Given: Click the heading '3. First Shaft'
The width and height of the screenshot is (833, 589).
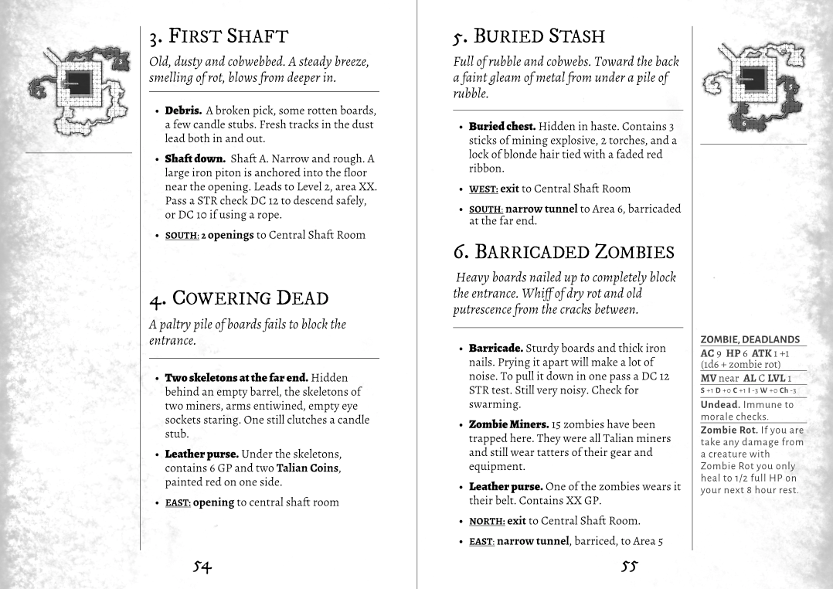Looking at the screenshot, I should (219, 36).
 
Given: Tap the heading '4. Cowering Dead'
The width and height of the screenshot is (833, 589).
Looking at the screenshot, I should (239, 298).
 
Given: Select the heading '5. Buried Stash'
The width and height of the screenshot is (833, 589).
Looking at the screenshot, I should (529, 36).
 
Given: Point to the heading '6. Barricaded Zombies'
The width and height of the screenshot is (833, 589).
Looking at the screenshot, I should (563, 252).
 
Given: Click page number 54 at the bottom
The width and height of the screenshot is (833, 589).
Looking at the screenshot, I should (202, 567).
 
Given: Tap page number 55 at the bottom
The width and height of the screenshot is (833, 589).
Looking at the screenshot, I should (629, 567).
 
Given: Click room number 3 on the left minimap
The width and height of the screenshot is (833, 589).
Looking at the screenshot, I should (120, 62).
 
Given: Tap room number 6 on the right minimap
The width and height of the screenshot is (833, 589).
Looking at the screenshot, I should (743, 124).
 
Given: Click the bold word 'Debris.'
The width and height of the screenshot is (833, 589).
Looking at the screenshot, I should (183, 111).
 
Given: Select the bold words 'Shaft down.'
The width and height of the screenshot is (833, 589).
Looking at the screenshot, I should (195, 158).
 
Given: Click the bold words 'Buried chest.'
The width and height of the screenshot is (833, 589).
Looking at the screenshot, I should (501, 126).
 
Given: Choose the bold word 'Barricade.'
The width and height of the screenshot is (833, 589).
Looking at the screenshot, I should (495, 349).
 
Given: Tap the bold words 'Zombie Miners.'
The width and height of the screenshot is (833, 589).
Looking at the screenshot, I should (508, 424).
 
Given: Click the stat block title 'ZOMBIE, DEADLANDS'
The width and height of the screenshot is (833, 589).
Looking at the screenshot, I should (750, 339).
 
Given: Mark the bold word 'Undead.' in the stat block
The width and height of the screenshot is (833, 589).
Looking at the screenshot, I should (720, 404).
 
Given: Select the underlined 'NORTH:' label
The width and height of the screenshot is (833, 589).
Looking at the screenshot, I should (487, 521).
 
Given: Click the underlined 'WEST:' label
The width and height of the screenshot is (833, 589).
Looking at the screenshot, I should (482, 189).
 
